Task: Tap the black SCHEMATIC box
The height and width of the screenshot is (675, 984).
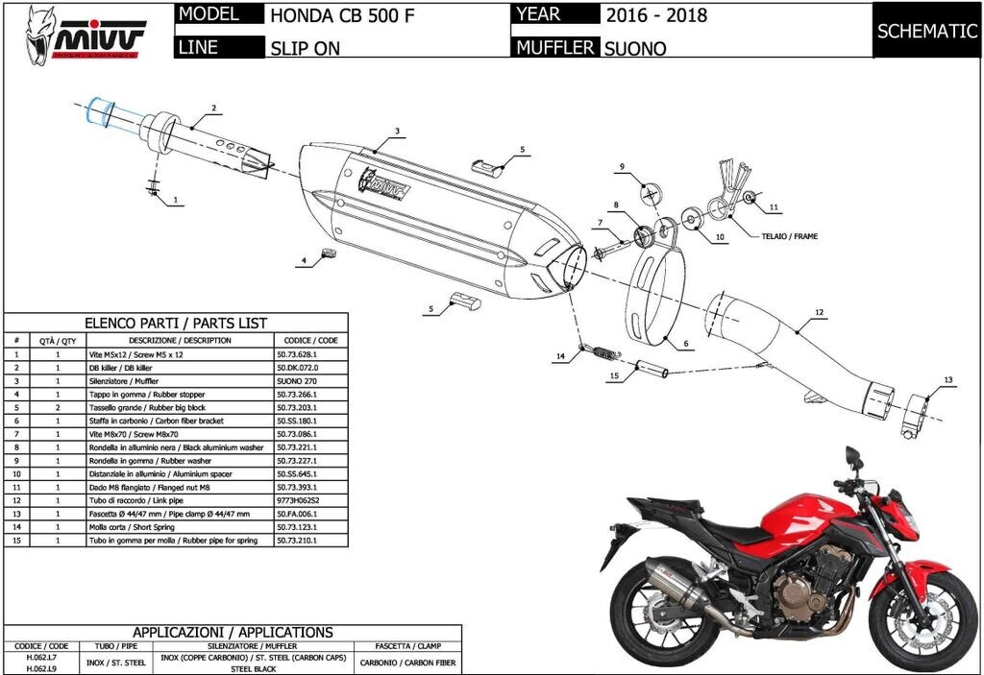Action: click(x=926, y=30)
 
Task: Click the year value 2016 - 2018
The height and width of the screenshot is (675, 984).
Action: click(x=656, y=15)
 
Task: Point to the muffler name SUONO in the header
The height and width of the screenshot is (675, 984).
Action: click(x=635, y=48)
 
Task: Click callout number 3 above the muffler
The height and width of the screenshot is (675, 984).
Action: click(x=397, y=131)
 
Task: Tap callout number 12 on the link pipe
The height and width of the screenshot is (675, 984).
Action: click(x=819, y=313)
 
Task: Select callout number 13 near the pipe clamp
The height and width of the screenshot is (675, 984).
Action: click(x=947, y=381)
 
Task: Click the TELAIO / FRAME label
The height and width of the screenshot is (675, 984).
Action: click(x=791, y=235)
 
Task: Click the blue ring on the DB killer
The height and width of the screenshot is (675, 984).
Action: click(x=98, y=112)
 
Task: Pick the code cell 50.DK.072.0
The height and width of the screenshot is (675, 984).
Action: click(x=297, y=368)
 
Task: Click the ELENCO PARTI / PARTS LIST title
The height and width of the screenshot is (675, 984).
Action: click(x=176, y=324)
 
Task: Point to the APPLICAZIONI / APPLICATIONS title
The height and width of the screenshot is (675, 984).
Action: click(x=233, y=632)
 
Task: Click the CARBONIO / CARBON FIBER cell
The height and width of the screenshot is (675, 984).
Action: click(x=408, y=662)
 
